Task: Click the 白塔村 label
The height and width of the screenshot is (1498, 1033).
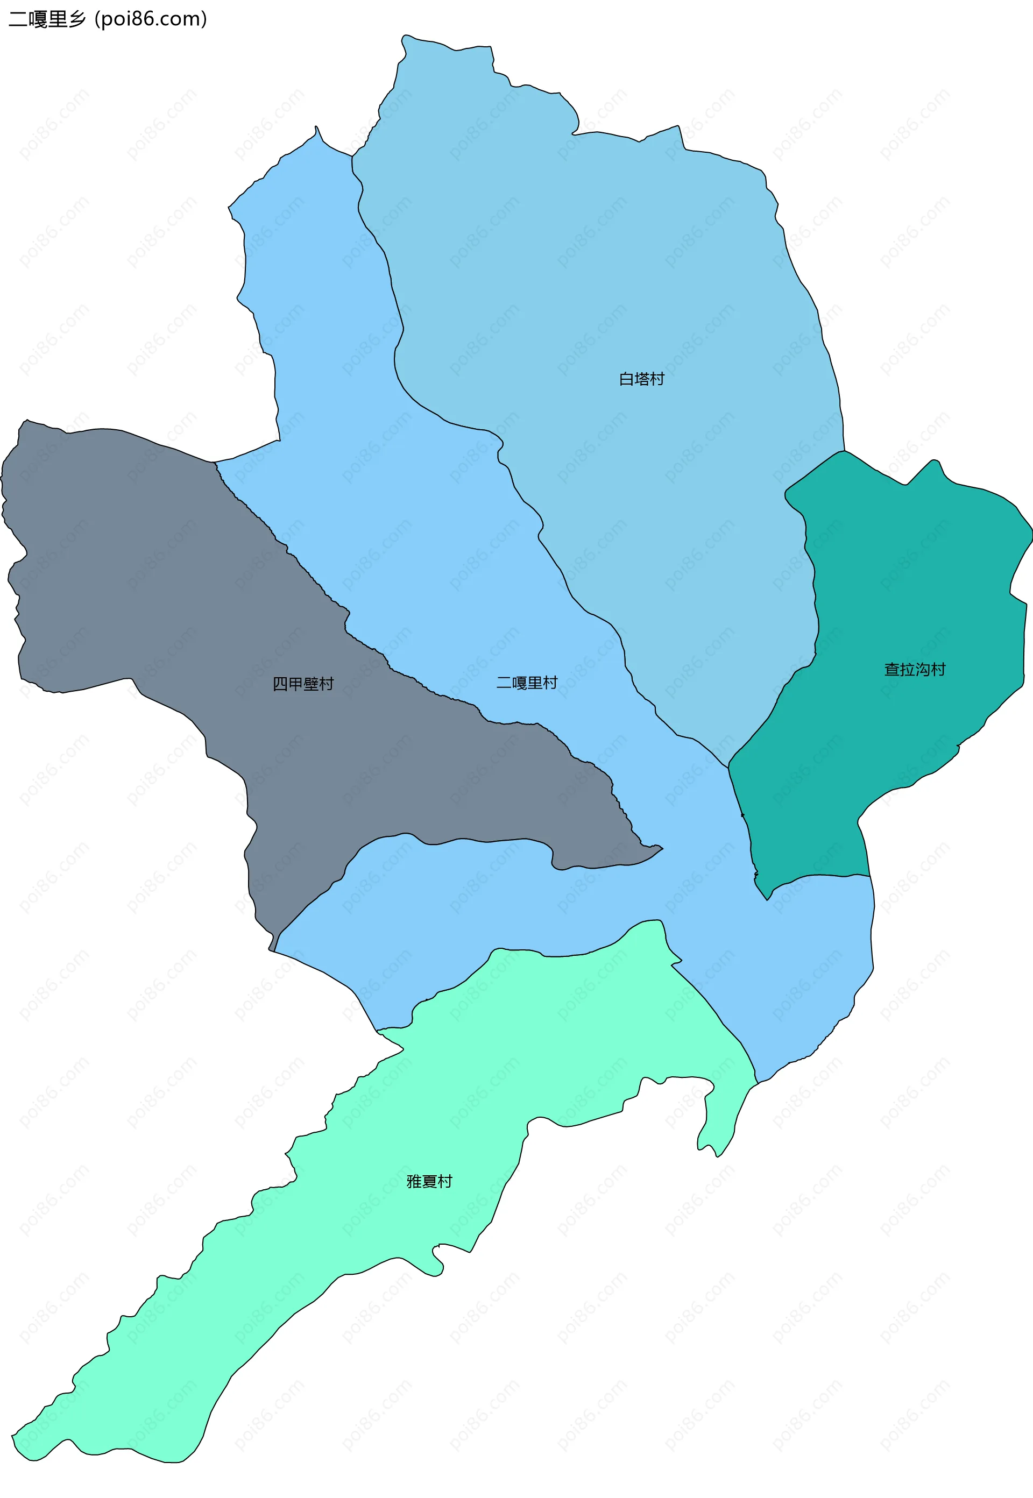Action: (x=641, y=379)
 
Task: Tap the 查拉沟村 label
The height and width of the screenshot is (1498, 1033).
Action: (x=915, y=670)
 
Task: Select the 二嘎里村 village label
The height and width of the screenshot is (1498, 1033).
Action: (x=526, y=683)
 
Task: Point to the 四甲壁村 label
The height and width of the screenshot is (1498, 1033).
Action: (x=303, y=685)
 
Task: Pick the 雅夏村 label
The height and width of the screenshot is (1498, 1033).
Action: (x=429, y=1182)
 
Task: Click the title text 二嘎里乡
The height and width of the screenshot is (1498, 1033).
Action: (x=47, y=19)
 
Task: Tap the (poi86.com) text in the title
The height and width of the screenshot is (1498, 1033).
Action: (x=151, y=19)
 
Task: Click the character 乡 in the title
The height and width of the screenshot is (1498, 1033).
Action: (x=77, y=19)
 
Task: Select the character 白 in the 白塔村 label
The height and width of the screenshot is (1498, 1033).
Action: (x=627, y=379)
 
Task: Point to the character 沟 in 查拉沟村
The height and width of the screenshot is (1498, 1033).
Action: (x=922, y=670)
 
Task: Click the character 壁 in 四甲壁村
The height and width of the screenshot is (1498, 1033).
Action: (x=310, y=685)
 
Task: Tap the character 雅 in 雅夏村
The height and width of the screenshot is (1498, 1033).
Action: (x=414, y=1182)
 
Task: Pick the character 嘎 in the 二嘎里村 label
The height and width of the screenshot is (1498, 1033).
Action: (x=519, y=683)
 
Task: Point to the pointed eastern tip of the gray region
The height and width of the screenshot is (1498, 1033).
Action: (x=661, y=847)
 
